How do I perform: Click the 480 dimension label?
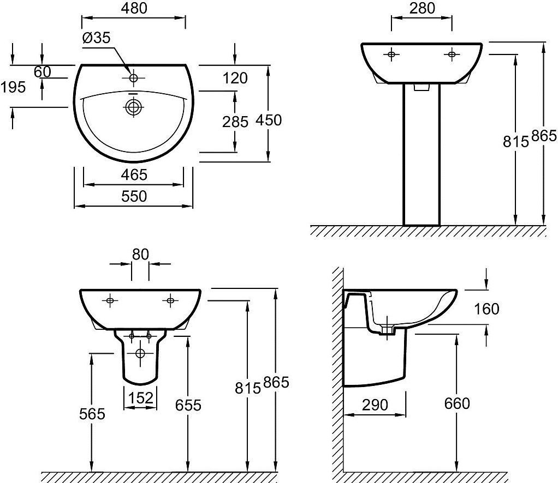tap(134, 8)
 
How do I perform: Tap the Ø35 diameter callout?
tap(97, 38)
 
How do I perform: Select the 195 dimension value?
tap(13, 87)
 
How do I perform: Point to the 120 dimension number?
tap(235, 78)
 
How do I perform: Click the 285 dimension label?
tap(235, 122)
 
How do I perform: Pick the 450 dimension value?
tap(269, 120)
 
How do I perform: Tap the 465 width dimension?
tap(134, 174)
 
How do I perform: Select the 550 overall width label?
tap(134, 196)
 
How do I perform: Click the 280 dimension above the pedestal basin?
tap(422, 8)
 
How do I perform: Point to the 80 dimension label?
tap(140, 255)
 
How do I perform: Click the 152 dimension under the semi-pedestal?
tap(140, 398)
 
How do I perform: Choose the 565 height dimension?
tap(92, 414)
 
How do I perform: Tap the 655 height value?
tap(188, 405)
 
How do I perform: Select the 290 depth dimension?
tap(375, 405)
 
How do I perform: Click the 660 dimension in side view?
tap(458, 403)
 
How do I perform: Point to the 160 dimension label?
tap(486, 309)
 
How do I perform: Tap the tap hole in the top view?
tap(133, 77)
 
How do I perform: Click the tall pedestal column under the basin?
tap(422, 154)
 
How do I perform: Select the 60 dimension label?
tap(43, 72)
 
